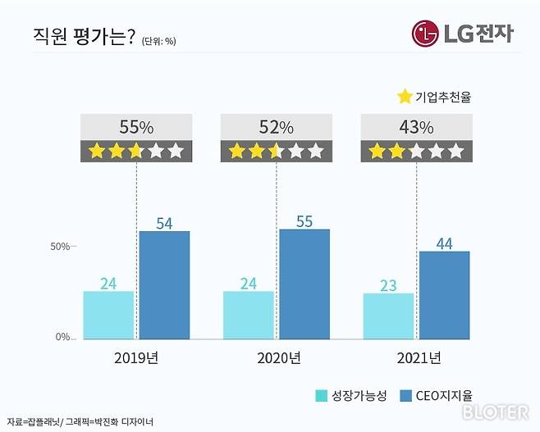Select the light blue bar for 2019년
tap(108, 315)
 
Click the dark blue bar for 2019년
tap(164, 284)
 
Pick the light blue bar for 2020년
tap(249, 315)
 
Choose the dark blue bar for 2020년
tap(304, 284)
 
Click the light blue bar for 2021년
tap(389, 316)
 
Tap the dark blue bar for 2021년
tap(445, 294)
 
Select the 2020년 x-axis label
tap(277, 357)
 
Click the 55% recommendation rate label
tap(136, 127)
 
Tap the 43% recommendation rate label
tap(417, 127)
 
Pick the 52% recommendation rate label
tap(277, 127)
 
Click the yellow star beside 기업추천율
tap(404, 97)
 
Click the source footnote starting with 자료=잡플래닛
tap(80, 421)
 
